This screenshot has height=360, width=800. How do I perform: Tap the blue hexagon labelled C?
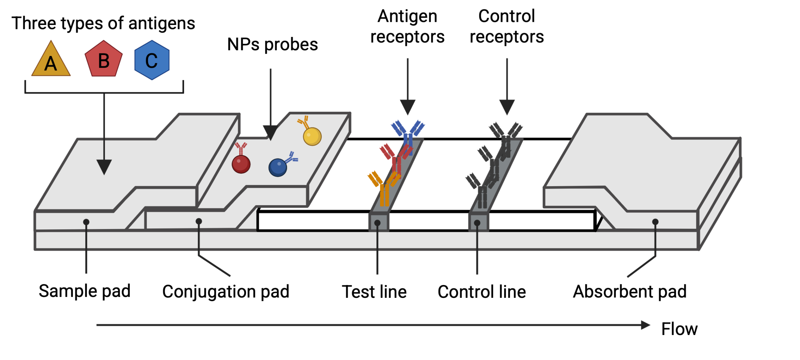152,60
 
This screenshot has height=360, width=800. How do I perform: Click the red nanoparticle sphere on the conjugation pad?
241,164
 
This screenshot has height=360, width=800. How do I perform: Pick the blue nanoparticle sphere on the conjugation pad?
277,167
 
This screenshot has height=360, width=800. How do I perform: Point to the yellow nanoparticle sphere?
312,136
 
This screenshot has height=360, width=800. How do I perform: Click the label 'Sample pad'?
84,291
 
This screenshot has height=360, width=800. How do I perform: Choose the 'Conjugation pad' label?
226,292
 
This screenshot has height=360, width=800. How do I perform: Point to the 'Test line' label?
374,292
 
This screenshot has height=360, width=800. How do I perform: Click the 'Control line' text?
482,292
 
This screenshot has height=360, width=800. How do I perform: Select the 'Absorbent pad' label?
629,292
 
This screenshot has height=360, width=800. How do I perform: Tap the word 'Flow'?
679,329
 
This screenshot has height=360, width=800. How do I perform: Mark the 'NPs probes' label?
272,45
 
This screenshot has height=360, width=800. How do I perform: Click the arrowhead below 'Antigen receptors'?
407,107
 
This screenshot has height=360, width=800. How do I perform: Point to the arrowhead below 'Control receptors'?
507,107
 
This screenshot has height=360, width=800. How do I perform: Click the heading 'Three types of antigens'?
103,23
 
